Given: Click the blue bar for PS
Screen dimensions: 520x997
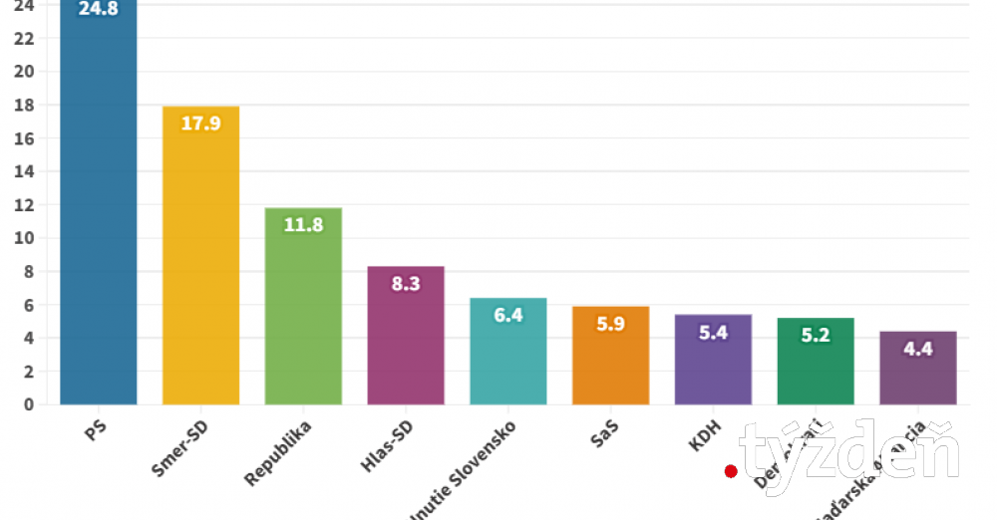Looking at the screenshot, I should tap(98, 209).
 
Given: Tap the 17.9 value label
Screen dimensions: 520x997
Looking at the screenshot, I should tap(200, 125).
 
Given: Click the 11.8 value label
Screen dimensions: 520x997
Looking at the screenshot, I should tap(303, 225).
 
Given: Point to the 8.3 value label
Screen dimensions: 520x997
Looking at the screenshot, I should tap(406, 284).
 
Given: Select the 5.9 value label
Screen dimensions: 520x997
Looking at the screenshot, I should tap(610, 324).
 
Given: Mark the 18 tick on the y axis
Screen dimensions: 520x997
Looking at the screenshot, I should tap(24, 105).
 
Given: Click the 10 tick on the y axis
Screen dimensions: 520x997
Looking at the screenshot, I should tap(24, 238).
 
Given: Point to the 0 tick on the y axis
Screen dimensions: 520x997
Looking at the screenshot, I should tap(29, 404).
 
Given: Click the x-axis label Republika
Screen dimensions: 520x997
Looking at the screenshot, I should tap(280, 454).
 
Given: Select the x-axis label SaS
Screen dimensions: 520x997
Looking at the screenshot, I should tap(601, 434).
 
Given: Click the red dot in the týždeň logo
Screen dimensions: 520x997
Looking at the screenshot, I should tap(731, 471).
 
